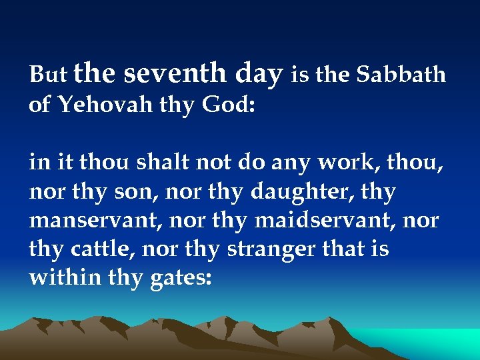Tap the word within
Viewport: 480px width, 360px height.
click(x=65, y=277)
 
